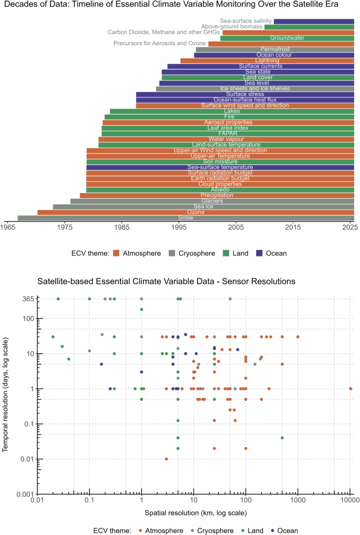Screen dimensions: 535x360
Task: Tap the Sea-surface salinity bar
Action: coord(314,22)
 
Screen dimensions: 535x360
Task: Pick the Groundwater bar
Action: coord(287,38)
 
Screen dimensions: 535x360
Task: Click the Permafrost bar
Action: coord(275,49)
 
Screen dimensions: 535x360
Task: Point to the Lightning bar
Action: coord(267,60)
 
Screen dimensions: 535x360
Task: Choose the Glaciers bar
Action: coord(212,201)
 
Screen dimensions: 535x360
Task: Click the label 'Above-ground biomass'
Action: coord(231,27)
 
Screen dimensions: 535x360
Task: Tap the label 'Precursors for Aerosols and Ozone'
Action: coord(160,44)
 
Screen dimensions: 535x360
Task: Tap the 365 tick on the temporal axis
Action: coord(27,299)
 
